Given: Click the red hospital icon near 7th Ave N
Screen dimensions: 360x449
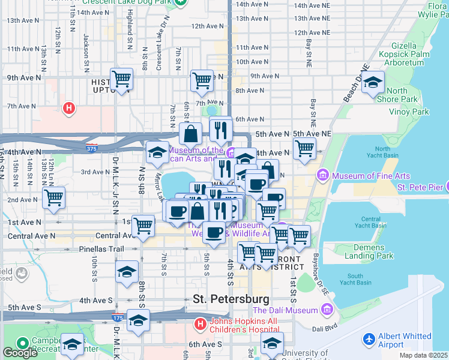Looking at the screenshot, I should [69, 108].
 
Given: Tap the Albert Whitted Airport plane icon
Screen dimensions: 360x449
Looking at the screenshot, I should [370, 340].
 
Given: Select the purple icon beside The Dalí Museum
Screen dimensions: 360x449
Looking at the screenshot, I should [327, 310].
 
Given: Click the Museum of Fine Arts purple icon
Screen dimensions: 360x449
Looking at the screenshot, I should [323, 175].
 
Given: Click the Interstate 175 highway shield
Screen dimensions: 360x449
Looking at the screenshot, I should [117, 316].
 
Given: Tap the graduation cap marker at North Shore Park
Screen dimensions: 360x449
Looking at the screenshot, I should [373, 83].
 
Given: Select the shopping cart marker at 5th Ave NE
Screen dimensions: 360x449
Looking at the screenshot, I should [304, 147].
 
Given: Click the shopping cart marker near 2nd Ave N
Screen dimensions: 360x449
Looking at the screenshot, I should [54, 197].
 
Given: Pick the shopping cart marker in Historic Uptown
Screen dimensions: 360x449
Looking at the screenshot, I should [122, 78].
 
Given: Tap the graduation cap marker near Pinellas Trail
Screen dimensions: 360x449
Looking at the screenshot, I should [127, 271].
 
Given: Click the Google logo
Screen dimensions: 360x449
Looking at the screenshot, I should [20, 353].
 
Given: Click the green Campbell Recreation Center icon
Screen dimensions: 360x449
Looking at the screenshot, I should [23, 343].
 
